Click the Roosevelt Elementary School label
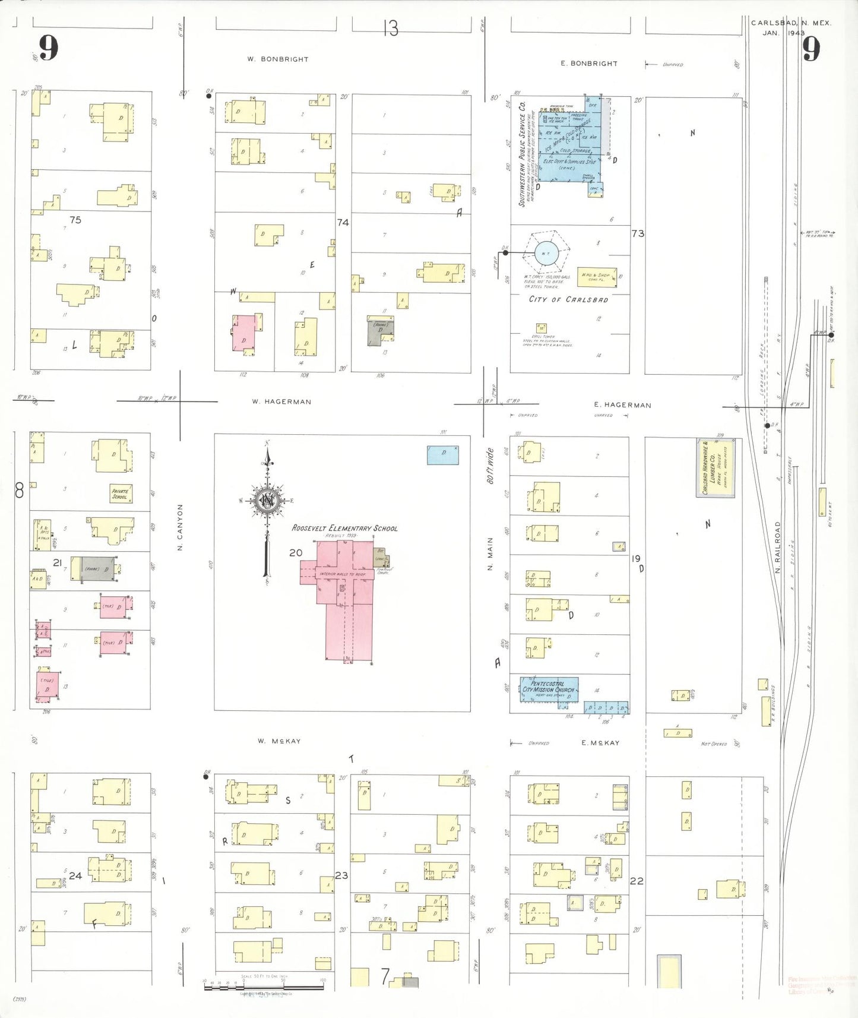pyautogui.click(x=344, y=528)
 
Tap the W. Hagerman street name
pyautogui.click(x=281, y=401)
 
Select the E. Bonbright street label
pyautogui.click(x=589, y=63)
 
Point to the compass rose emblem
pyautogui.click(x=268, y=500)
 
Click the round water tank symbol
pyautogui.click(x=546, y=254)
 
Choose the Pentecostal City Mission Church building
pyautogui.click(x=549, y=689)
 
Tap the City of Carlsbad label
pyautogui.click(x=568, y=299)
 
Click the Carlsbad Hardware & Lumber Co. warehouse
pyautogui.click(x=715, y=468)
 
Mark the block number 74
pyautogui.click(x=343, y=222)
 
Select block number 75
pyautogui.click(x=75, y=220)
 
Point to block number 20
pyautogui.click(x=296, y=552)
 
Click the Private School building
pyautogui.click(x=121, y=494)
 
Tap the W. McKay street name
pyautogui.click(x=279, y=741)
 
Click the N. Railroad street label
pyautogui.click(x=778, y=547)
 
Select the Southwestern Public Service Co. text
pyautogui.click(x=523, y=154)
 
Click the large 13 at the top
pyautogui.click(x=390, y=28)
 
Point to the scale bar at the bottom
pyautogui.click(x=264, y=987)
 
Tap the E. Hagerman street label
pyautogui.click(x=622, y=405)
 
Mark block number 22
pyautogui.click(x=637, y=881)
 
